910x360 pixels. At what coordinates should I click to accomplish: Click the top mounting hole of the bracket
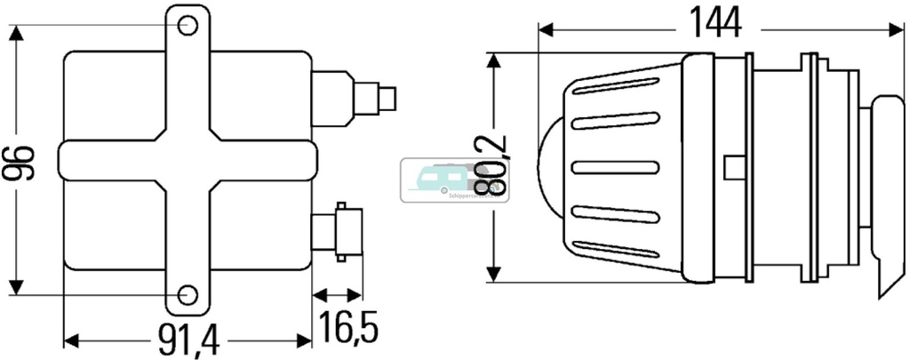[x=186, y=25]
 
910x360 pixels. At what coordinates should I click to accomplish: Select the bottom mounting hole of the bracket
[x=186, y=295]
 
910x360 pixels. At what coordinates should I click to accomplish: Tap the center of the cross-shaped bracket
[x=187, y=160]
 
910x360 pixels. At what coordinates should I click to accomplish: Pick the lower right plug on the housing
[x=336, y=233]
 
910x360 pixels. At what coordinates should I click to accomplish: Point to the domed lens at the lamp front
[x=550, y=165]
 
